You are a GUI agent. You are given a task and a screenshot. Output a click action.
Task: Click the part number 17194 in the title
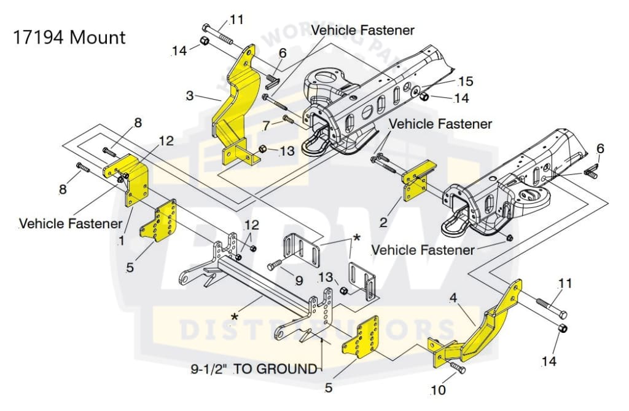point(39,38)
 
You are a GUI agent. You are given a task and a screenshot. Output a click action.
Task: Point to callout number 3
point(190,96)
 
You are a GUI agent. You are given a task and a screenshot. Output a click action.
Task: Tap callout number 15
point(466,81)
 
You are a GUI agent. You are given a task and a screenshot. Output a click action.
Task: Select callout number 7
point(265,126)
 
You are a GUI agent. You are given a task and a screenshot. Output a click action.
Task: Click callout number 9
point(299,280)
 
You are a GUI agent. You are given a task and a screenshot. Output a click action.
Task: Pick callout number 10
point(439,389)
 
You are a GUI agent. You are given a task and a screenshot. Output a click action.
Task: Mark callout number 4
point(453,299)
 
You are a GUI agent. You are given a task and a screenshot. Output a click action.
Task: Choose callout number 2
point(383,222)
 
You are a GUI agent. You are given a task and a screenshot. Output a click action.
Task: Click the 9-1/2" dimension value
point(210,369)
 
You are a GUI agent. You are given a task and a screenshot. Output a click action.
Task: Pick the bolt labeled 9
point(275,266)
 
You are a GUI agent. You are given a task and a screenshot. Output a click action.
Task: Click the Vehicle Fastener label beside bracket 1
point(70,223)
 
